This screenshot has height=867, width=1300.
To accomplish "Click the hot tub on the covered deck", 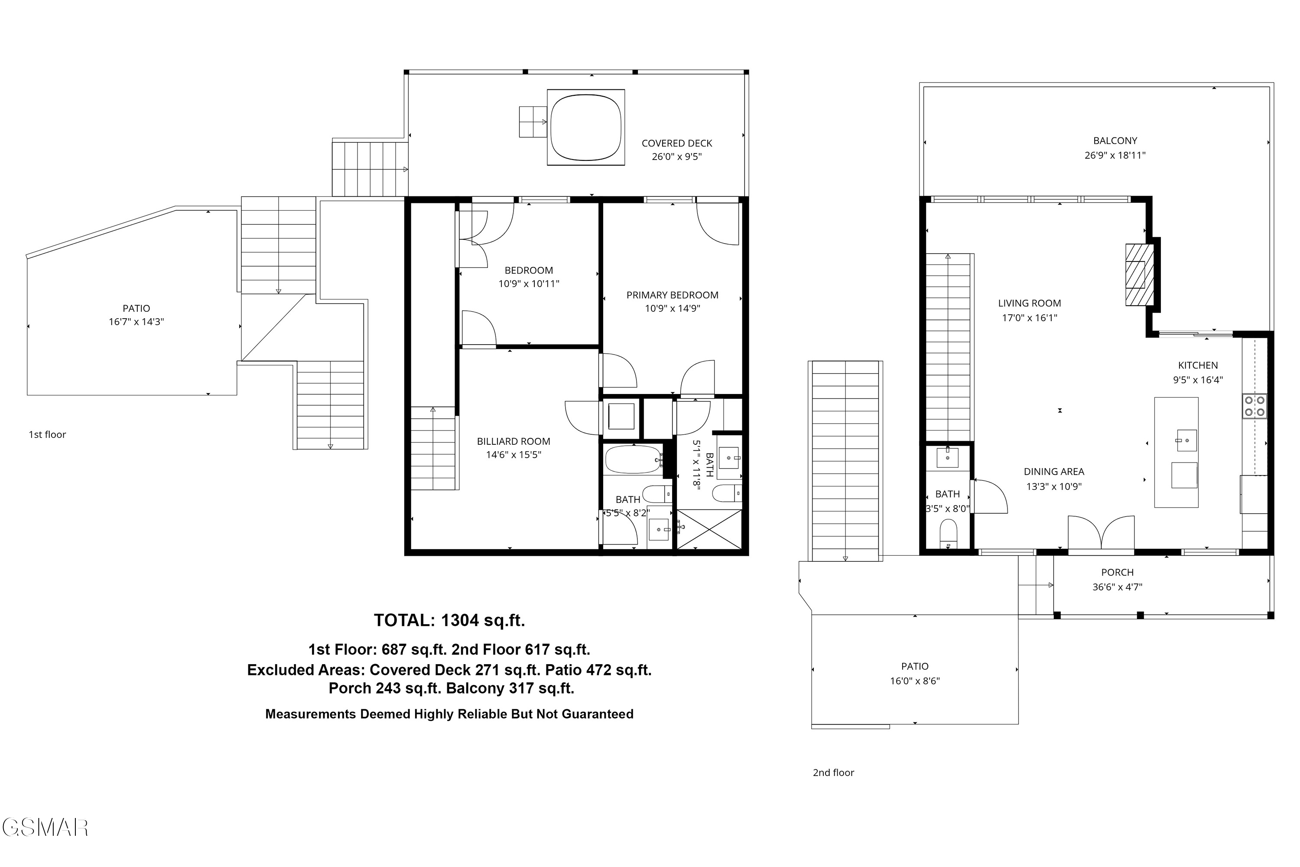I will point(586,127).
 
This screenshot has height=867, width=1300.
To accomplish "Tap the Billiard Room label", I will point(513,441).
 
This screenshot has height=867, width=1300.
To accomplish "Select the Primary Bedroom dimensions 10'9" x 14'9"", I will point(672,309).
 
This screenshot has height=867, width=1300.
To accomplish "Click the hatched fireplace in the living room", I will point(1140,275).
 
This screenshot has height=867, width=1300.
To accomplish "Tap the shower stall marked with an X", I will point(709,529).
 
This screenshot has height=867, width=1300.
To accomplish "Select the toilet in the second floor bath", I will point(948,532).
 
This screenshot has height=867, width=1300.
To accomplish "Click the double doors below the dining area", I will point(1101,534).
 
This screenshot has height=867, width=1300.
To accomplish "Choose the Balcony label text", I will point(1115,141).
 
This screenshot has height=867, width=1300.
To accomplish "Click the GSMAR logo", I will point(45,828).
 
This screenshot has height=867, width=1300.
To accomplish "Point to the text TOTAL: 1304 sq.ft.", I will point(449,620).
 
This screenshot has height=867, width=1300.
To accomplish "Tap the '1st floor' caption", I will point(48,435).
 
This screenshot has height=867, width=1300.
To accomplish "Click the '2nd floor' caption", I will point(833,772).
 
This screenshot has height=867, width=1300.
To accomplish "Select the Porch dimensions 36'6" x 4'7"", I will point(1117,587).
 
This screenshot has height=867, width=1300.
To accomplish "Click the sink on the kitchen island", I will point(1186,441).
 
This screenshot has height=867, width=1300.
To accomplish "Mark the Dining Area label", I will point(1053,472).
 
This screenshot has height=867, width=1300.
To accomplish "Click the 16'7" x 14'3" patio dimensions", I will point(136,322).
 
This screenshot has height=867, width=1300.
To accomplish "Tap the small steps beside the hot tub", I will point(532,122).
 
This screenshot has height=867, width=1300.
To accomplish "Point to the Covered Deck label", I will point(676,143).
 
